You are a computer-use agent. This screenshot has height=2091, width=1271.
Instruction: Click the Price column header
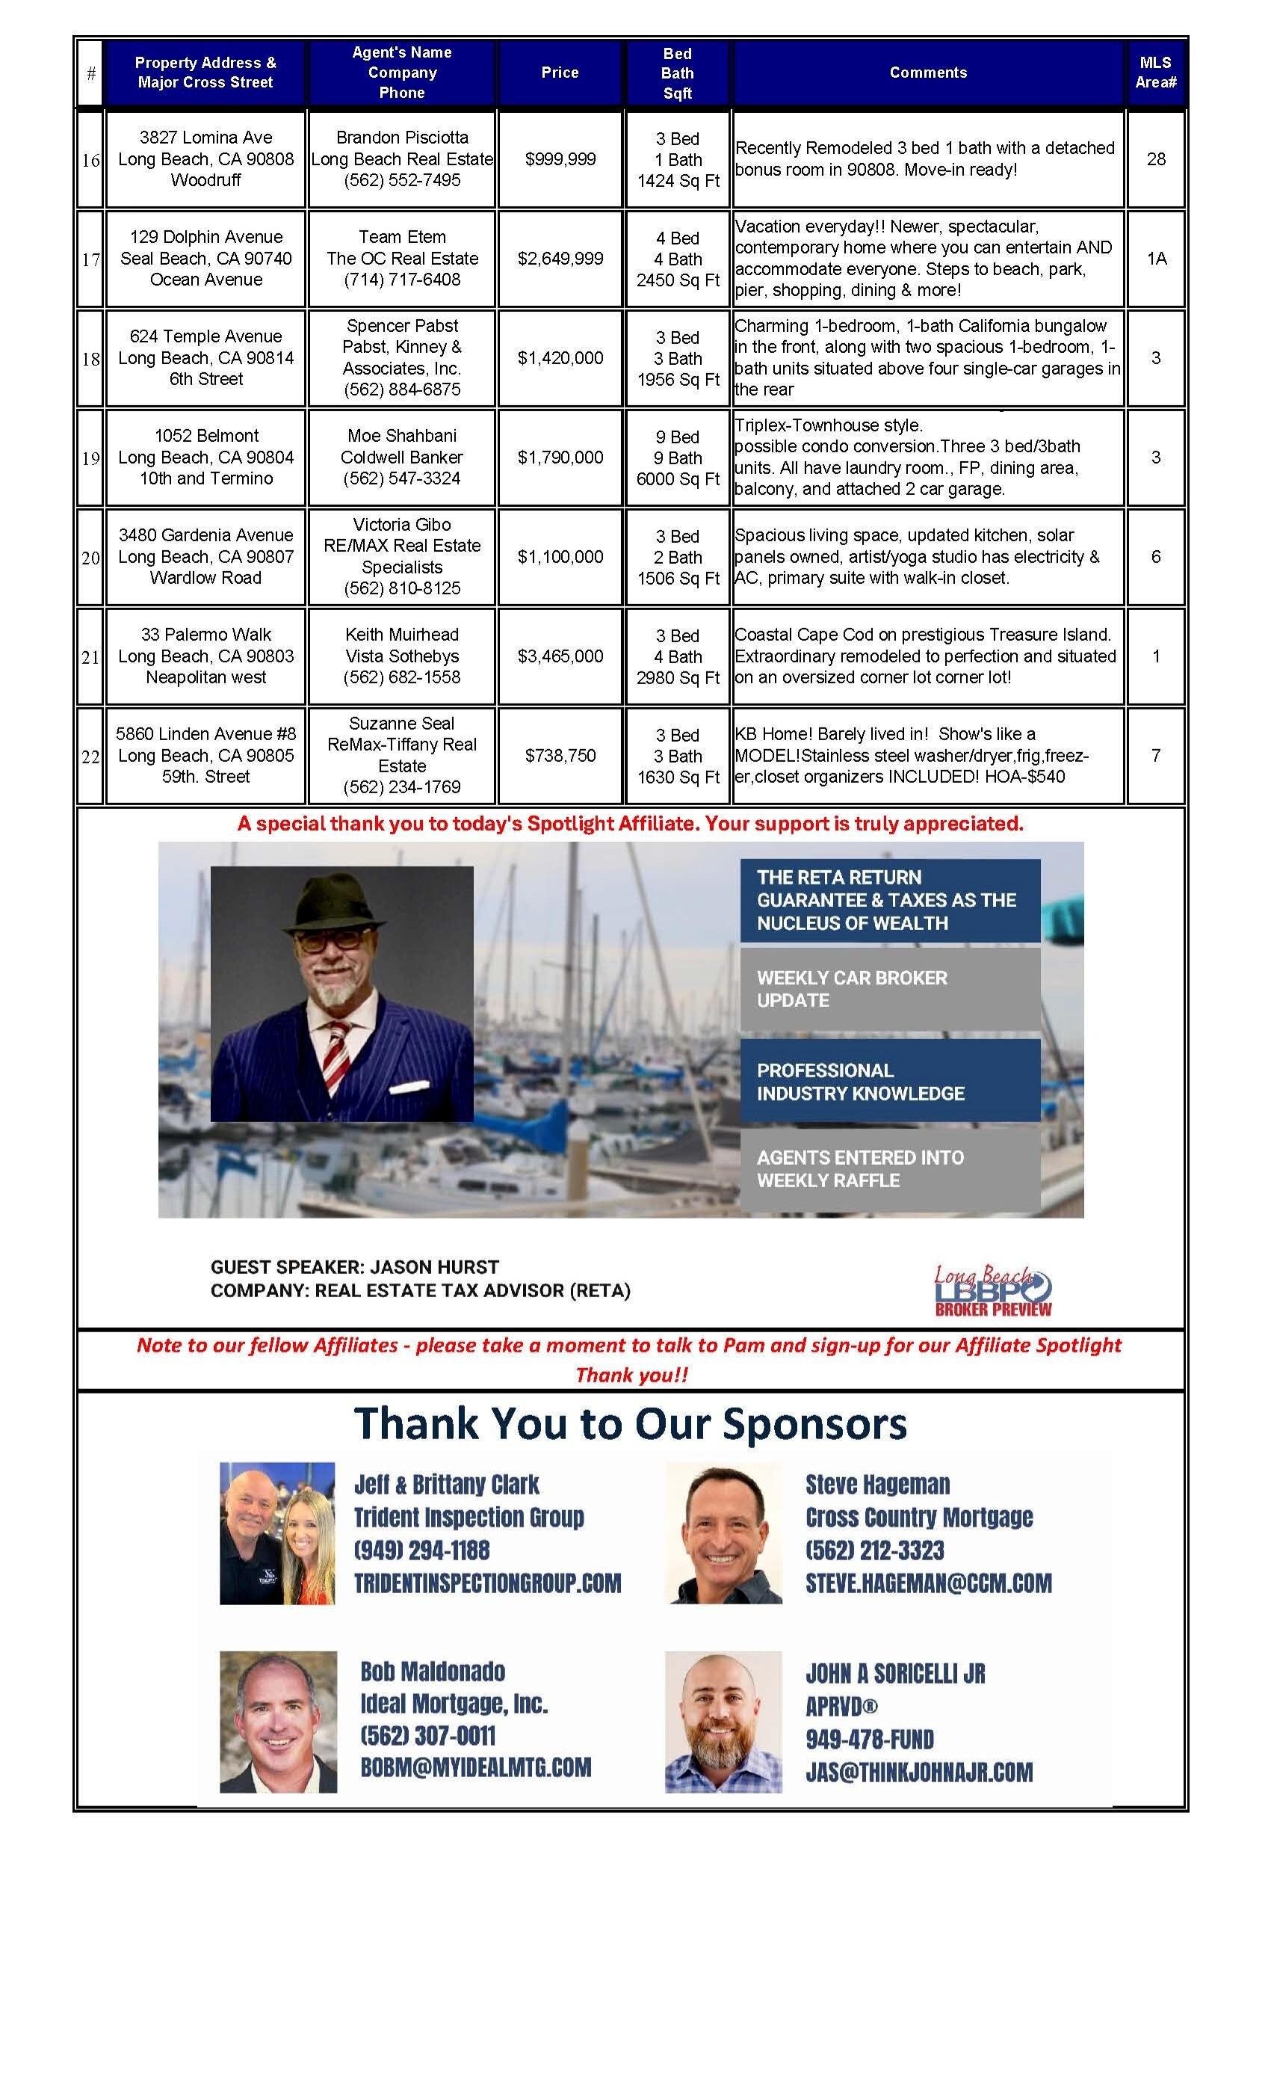[560, 73]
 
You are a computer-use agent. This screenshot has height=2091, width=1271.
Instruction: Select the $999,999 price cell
[560, 158]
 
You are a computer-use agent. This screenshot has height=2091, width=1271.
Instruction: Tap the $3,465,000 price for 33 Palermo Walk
[560, 656]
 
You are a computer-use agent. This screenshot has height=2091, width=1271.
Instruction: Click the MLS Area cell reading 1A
[1156, 259]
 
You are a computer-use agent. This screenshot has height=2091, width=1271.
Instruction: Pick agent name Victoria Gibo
[401, 525]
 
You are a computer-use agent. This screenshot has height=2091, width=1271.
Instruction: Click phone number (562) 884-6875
[401, 389]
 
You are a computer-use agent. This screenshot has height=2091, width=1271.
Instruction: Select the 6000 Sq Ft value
[678, 478]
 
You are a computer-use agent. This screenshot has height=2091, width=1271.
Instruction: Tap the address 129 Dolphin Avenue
[206, 237]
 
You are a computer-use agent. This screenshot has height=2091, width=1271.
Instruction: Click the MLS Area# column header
[1156, 73]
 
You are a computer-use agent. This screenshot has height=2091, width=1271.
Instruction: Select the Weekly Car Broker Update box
[889, 990]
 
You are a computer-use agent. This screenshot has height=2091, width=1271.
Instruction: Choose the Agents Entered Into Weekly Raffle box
[889, 1168]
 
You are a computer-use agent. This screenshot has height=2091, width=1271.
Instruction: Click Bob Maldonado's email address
[475, 1768]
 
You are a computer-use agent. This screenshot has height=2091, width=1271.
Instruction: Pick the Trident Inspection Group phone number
[421, 1550]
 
